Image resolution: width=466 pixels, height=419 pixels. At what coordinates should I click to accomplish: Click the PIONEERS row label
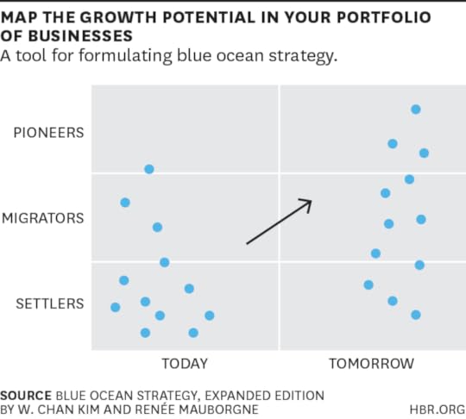coord(48,133)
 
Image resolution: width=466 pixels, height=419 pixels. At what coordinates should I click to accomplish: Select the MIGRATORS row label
coord(43,218)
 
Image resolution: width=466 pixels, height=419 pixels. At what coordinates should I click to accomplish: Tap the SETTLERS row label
coord(50,303)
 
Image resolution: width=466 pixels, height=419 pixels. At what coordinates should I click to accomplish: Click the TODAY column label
coord(185,364)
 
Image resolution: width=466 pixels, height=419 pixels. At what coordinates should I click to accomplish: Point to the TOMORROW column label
coord(371,364)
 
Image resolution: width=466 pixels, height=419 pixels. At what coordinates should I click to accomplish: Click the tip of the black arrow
coord(312,201)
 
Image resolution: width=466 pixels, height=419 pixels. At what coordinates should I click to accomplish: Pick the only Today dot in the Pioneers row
coord(149,169)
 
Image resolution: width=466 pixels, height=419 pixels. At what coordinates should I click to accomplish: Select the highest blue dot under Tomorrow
coord(416,109)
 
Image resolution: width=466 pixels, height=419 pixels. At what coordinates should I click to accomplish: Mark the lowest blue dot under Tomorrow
coord(416,315)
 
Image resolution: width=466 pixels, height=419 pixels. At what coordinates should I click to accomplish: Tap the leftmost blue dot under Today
coord(116,307)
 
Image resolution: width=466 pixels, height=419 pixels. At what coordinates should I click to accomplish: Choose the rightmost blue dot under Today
coord(210,316)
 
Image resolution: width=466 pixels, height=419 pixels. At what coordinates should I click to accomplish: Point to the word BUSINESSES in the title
coord(80,36)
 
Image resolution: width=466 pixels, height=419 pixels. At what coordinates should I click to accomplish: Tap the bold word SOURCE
coord(26,396)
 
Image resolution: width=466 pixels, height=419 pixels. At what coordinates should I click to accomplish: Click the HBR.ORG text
coord(438,410)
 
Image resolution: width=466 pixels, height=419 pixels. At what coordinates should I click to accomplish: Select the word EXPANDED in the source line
coord(237,396)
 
